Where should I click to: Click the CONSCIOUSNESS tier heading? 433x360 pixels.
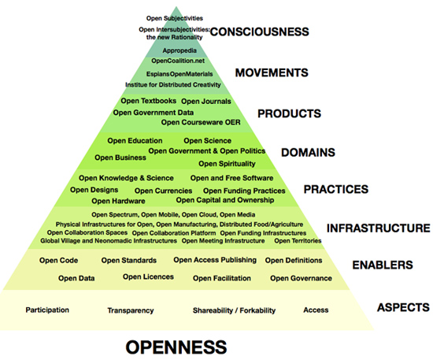pos(259,32)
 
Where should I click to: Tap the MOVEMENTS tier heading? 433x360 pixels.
pos(272,72)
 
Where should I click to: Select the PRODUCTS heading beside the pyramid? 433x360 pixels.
pos(290,113)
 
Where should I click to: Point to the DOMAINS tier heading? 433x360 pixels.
pos(308,153)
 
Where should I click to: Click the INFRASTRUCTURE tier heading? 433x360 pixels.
pos(379,228)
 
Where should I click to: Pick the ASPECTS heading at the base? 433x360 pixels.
pos(403,307)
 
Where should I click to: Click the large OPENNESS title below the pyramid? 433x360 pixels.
pos(176,347)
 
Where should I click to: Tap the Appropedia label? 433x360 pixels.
pos(179,50)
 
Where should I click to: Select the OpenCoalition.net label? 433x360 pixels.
pos(178,61)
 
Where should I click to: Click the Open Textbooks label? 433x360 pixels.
pos(149,101)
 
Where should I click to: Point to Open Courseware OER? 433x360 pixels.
pos(201,122)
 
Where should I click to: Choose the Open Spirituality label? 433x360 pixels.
pos(227,164)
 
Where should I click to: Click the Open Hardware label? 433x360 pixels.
pos(118,201)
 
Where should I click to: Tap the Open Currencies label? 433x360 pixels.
pos(163,191)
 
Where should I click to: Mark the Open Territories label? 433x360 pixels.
pos(298,241)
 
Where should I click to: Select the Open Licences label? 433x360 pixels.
pos(148,276)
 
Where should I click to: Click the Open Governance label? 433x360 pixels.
pos(301,278)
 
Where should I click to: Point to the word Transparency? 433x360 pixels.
pos(131,311)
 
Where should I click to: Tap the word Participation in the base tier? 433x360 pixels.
pos(47,310)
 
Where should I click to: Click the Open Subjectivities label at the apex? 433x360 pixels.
pos(175,18)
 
